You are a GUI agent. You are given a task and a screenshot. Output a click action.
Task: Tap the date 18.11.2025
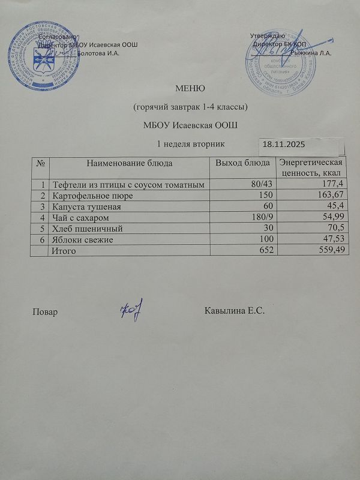click(286, 145)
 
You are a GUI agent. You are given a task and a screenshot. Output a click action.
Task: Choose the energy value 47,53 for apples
click(332, 239)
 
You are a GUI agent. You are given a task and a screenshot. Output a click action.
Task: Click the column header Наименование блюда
click(130, 163)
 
